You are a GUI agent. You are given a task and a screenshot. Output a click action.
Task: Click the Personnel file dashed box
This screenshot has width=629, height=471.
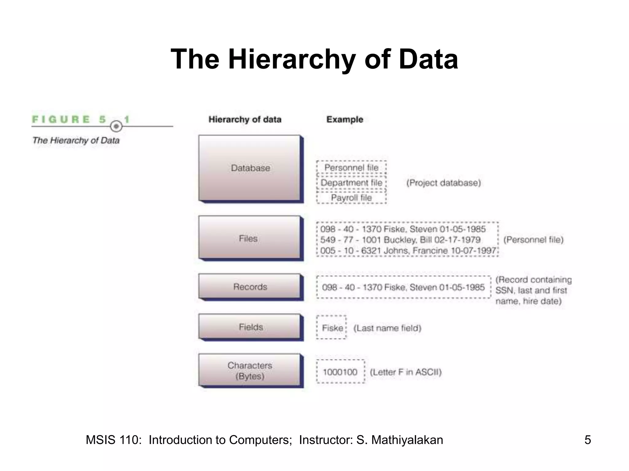point(351,167)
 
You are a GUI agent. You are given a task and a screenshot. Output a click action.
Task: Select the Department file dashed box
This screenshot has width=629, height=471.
point(351,183)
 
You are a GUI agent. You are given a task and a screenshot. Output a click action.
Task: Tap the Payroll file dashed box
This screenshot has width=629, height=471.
point(351,198)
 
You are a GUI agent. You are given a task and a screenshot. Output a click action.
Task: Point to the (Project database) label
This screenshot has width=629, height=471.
point(443,183)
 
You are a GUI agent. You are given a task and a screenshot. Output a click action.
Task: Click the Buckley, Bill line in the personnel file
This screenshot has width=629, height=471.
point(400,240)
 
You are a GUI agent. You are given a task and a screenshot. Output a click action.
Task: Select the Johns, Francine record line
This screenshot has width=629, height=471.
point(408,251)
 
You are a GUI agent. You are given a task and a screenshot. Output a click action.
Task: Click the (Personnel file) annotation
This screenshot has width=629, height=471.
point(533,240)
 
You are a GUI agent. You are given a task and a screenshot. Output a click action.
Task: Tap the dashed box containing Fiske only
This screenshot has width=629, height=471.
point(332,328)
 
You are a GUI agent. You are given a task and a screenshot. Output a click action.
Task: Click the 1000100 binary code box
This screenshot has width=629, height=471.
point(340,372)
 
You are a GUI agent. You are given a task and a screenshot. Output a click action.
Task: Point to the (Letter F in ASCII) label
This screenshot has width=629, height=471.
point(406,372)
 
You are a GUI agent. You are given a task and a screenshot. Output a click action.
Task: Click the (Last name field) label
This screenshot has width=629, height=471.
point(387,328)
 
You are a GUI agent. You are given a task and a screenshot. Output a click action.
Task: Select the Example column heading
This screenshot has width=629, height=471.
point(345,119)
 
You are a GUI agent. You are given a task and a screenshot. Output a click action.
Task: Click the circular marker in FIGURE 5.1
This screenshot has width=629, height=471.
point(116,126)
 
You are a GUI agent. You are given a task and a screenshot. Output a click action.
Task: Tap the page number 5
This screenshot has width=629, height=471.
point(587,440)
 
